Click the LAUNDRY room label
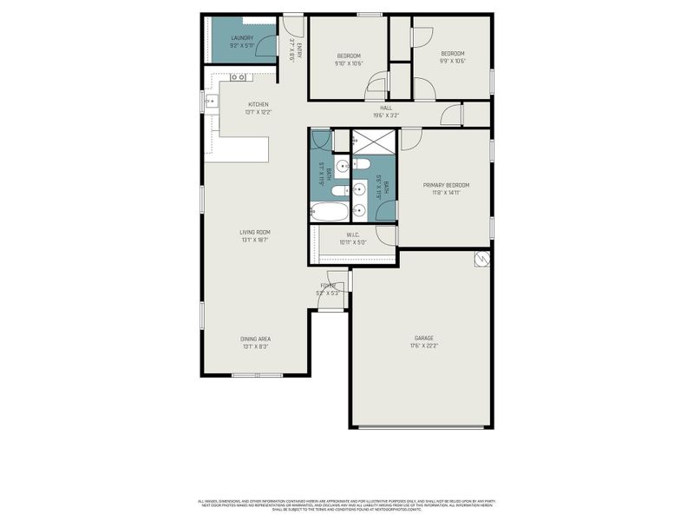(242, 38)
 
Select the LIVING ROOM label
(255, 232)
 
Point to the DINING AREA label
(255, 339)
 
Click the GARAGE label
(423, 338)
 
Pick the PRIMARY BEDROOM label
(446, 185)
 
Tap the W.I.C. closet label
(353, 234)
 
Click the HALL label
(386, 108)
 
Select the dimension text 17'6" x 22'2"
(423, 346)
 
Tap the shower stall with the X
(374, 141)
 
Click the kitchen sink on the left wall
(210, 102)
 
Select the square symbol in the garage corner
(480, 259)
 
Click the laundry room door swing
(267, 46)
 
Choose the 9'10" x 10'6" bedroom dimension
(349, 63)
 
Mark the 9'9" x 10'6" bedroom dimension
(452, 61)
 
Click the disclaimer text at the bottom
(347, 504)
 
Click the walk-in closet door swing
(386, 234)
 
